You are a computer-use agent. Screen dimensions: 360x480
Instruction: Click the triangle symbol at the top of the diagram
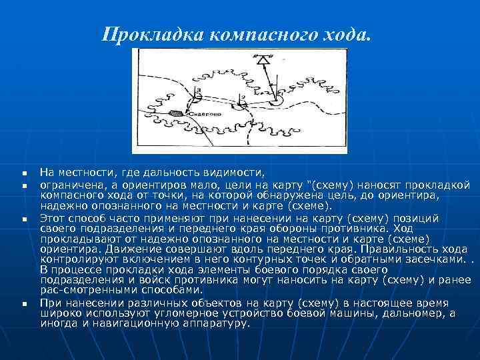pos(265,60)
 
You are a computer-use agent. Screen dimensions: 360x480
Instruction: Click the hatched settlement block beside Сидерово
pos(175,113)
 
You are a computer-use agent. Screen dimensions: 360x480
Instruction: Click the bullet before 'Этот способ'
pos(23,219)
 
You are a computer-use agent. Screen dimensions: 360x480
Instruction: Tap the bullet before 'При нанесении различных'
pos(23,304)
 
